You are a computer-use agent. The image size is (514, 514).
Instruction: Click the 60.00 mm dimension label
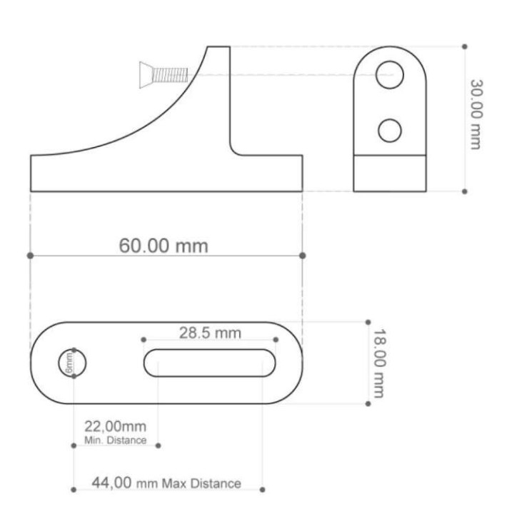(163, 246)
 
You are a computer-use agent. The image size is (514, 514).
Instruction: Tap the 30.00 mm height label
(477, 114)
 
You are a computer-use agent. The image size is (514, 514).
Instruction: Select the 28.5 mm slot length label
(210, 333)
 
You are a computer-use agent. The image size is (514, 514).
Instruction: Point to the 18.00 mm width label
(380, 363)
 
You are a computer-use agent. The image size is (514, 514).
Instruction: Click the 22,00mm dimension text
(116, 427)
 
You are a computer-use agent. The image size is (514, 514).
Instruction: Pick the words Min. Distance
(116, 440)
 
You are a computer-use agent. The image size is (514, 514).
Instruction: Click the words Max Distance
(201, 483)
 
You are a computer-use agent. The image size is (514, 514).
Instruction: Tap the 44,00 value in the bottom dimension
(112, 483)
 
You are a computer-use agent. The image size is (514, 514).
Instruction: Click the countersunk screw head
(146, 75)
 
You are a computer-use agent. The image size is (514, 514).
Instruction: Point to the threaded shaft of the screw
(170, 75)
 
